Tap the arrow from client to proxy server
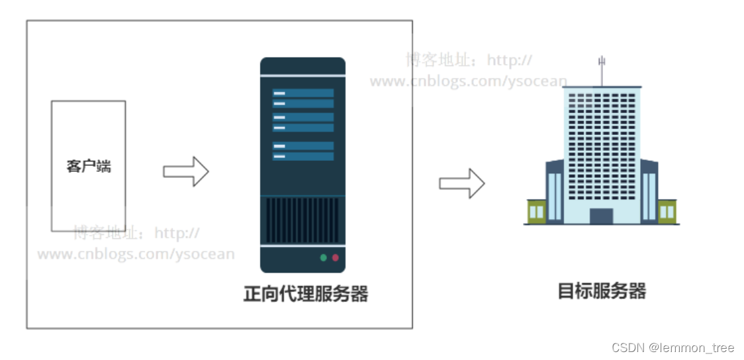[186, 171]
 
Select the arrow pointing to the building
[462, 183]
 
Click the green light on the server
[324, 257]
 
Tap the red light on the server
[336, 257]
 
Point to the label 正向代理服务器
[305, 294]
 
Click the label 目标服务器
[601, 291]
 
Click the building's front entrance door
[601, 216]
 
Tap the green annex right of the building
[667, 211]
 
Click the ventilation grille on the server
[302, 220]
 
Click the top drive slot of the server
[302, 93]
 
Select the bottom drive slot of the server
[302, 156]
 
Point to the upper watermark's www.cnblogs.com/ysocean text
[468, 82]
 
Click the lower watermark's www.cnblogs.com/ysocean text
[136, 254]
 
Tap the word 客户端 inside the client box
[89, 166]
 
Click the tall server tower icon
[302, 165]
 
